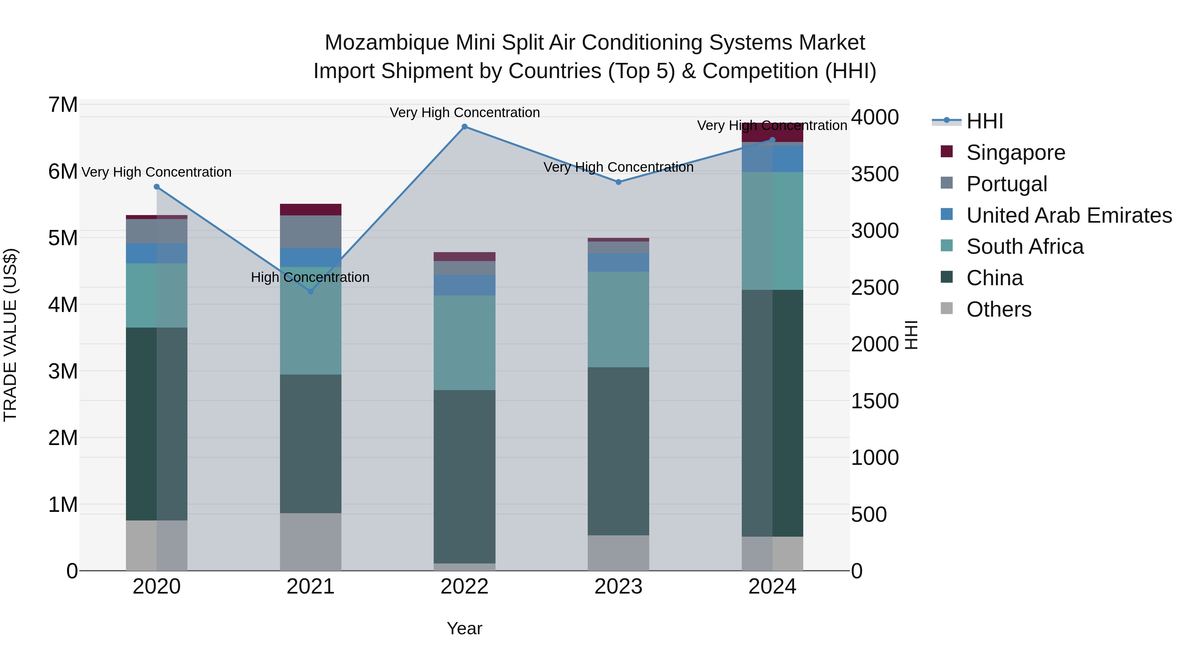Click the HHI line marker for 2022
(x=465, y=127)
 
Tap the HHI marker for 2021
(x=310, y=291)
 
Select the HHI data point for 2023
(x=618, y=182)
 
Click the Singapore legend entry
(x=1015, y=153)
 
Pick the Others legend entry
(x=999, y=309)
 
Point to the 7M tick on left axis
(x=63, y=105)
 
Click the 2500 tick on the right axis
(x=874, y=288)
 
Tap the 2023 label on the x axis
(x=618, y=587)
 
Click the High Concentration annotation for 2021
(x=310, y=278)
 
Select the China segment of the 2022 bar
(x=465, y=476)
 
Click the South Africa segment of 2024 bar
(x=773, y=231)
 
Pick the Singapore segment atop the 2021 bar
(x=310, y=209)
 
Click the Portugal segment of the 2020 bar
(x=157, y=231)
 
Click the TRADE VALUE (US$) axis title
(x=10, y=335)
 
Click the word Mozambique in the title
(x=387, y=43)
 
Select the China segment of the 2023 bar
(x=618, y=451)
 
